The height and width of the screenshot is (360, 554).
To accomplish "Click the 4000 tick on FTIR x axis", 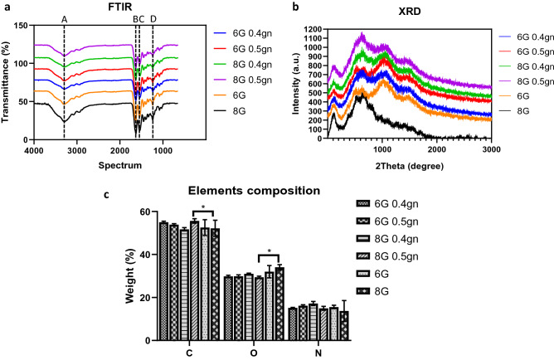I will coord(34,151).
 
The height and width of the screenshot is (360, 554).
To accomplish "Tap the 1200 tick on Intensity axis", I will coord(312,29).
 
